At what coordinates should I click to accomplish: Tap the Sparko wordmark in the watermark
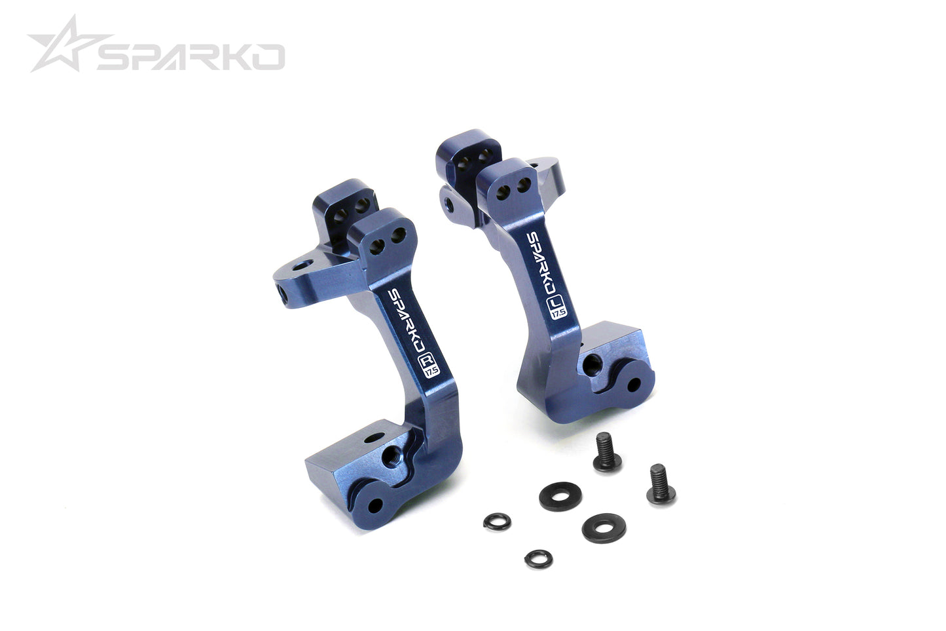tap(191, 58)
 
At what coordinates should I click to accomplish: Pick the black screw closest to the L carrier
tap(607, 453)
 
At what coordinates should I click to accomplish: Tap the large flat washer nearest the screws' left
tap(560, 496)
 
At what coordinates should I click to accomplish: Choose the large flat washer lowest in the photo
tap(604, 527)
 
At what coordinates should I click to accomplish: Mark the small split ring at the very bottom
tap(538, 558)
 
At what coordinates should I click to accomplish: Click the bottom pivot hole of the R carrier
tap(375, 506)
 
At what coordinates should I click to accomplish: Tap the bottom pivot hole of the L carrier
tap(632, 384)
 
